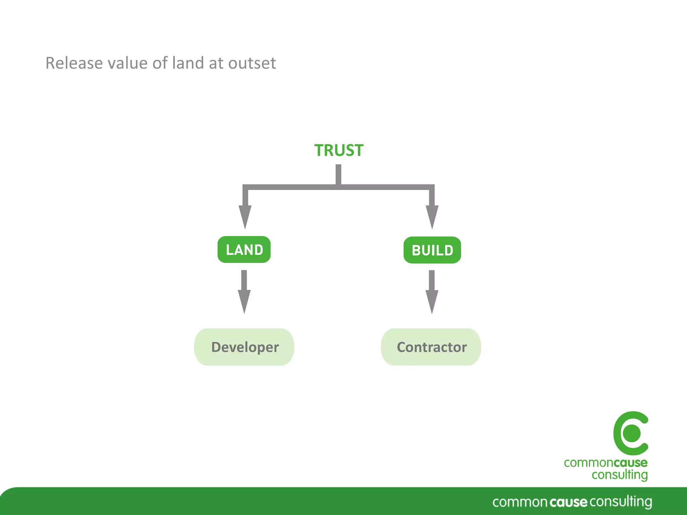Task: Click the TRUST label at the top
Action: coord(338,150)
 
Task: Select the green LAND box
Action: coord(244,250)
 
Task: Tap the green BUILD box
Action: coord(432,250)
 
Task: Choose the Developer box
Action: coord(244,347)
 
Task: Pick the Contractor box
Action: coord(431,347)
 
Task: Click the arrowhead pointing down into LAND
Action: coord(245,216)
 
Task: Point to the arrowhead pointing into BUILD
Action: coord(432,216)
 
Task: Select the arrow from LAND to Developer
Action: coord(244,292)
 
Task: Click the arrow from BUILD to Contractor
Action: coord(432,292)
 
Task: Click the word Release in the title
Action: coord(74,63)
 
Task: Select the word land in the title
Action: coord(188,63)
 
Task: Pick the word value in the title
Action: coord(127,63)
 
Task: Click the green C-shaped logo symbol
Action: coord(631,433)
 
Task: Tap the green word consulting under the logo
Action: coord(620,475)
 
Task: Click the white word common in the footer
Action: coord(520,502)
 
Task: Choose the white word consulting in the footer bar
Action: coord(621,502)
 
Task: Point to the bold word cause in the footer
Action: coord(569,502)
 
